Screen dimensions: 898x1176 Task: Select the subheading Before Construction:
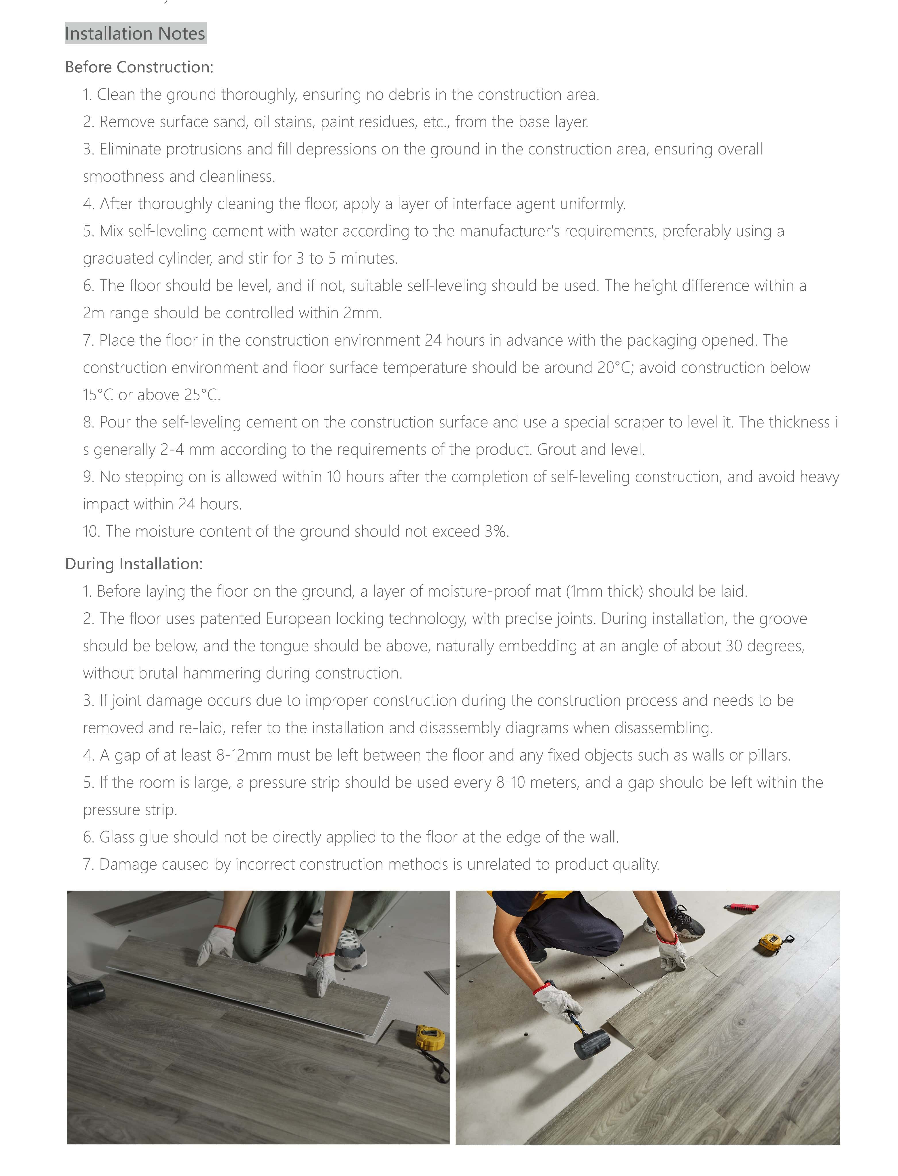139,67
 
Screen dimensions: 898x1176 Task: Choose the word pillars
769,755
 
